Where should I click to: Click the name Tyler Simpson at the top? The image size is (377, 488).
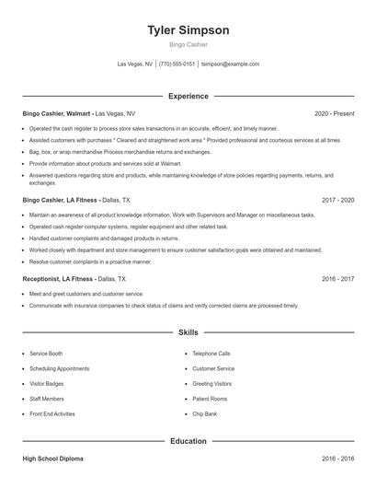point(188,29)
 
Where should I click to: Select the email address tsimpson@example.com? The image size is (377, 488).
point(230,64)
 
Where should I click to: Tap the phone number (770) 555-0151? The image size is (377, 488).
point(177,64)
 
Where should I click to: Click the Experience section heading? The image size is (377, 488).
point(188,96)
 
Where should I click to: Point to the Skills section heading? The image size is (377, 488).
point(188,331)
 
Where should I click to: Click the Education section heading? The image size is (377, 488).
point(188,441)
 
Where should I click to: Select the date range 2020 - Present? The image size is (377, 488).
point(334,113)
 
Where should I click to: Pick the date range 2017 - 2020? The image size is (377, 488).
point(337,199)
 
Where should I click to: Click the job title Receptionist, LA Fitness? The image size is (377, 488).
point(58,277)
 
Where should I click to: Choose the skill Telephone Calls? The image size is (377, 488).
point(211,354)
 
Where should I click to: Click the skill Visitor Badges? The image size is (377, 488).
point(48,383)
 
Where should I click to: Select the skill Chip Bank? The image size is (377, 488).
point(205,413)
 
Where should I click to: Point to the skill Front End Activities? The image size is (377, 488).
point(52,413)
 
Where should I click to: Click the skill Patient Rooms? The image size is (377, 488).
point(210,399)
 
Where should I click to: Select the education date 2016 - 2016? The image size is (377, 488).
point(337,459)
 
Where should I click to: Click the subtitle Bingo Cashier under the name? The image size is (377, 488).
point(188,44)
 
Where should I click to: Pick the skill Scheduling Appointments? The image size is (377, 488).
point(59,368)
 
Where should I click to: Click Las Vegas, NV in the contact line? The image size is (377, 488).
point(136,64)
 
